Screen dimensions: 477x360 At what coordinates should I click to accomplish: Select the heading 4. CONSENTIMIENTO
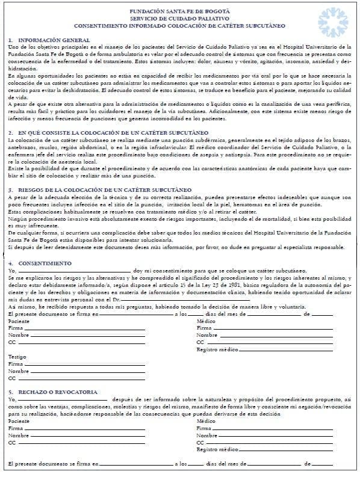click(x=40, y=263)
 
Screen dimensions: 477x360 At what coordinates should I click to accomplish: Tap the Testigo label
click(x=17, y=357)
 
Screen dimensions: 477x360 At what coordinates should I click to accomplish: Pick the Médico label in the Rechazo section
click(x=206, y=421)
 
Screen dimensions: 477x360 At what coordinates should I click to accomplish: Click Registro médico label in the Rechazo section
click(x=217, y=450)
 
